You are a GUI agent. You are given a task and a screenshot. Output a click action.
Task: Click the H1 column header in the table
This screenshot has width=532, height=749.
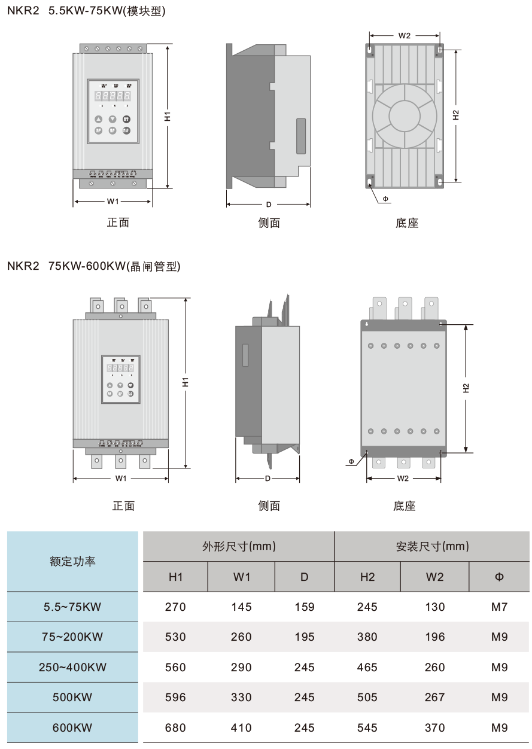(175, 577)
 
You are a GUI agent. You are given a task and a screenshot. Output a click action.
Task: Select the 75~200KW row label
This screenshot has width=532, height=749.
(72, 637)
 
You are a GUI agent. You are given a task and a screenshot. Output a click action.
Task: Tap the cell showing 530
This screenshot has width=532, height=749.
(175, 637)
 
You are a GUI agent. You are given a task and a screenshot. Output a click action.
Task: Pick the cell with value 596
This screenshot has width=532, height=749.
(175, 698)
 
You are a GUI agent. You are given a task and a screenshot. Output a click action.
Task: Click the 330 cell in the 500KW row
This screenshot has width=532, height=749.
(241, 698)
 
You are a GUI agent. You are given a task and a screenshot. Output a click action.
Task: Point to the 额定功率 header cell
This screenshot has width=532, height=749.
(72, 562)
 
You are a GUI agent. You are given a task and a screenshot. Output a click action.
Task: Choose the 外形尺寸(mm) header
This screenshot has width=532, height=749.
(238, 546)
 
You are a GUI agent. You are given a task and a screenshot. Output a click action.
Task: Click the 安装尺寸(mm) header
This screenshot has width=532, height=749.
(432, 546)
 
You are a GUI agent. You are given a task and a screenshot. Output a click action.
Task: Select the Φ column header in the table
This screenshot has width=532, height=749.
(499, 577)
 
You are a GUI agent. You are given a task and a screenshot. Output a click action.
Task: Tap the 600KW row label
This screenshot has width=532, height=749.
(72, 728)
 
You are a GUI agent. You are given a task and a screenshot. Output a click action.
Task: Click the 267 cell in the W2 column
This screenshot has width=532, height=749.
(434, 698)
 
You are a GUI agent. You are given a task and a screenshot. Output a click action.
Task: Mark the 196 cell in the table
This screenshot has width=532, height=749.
(434, 637)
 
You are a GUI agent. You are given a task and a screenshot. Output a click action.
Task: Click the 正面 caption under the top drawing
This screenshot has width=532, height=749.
(118, 223)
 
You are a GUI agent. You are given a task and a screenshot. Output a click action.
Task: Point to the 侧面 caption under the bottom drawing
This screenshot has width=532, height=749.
(269, 506)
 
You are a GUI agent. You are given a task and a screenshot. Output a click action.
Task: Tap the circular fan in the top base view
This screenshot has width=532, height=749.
(405, 114)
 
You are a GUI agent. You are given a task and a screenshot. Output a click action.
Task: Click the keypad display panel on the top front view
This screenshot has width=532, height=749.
(113, 111)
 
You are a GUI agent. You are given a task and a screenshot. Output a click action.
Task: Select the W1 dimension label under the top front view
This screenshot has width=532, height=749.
(113, 202)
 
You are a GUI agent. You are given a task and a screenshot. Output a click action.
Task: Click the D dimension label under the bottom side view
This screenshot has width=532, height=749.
(267, 479)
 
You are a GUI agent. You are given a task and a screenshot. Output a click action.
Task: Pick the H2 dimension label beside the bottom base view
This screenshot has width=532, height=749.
(467, 388)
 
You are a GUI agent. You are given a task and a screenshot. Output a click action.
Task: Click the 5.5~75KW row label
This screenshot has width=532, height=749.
(72, 607)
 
